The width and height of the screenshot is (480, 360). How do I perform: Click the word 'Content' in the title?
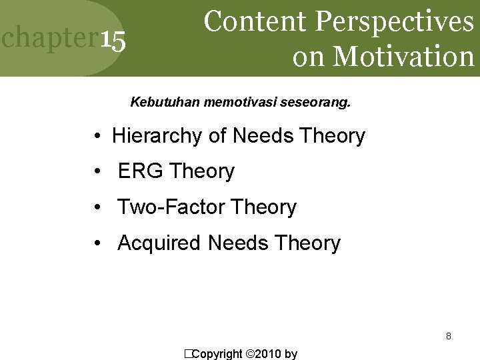pyautogui.click(x=256, y=21)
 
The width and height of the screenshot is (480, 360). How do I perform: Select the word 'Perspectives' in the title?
pyautogui.click(x=395, y=23)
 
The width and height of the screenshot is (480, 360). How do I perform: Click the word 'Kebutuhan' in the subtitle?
pyautogui.click(x=158, y=103)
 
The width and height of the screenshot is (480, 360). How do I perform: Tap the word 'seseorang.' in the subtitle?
pyautogui.click(x=319, y=103)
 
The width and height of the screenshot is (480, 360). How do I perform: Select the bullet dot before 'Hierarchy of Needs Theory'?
pyautogui.click(x=97, y=137)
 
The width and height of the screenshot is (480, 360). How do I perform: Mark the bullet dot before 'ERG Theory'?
pyautogui.click(x=97, y=172)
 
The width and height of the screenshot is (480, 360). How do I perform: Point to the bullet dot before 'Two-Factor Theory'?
pyautogui.click(x=97, y=208)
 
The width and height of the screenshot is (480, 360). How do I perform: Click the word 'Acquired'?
pyautogui.click(x=159, y=243)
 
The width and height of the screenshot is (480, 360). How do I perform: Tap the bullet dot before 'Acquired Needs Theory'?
pyautogui.click(x=97, y=244)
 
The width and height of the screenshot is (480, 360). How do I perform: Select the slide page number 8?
pyautogui.click(x=449, y=336)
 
